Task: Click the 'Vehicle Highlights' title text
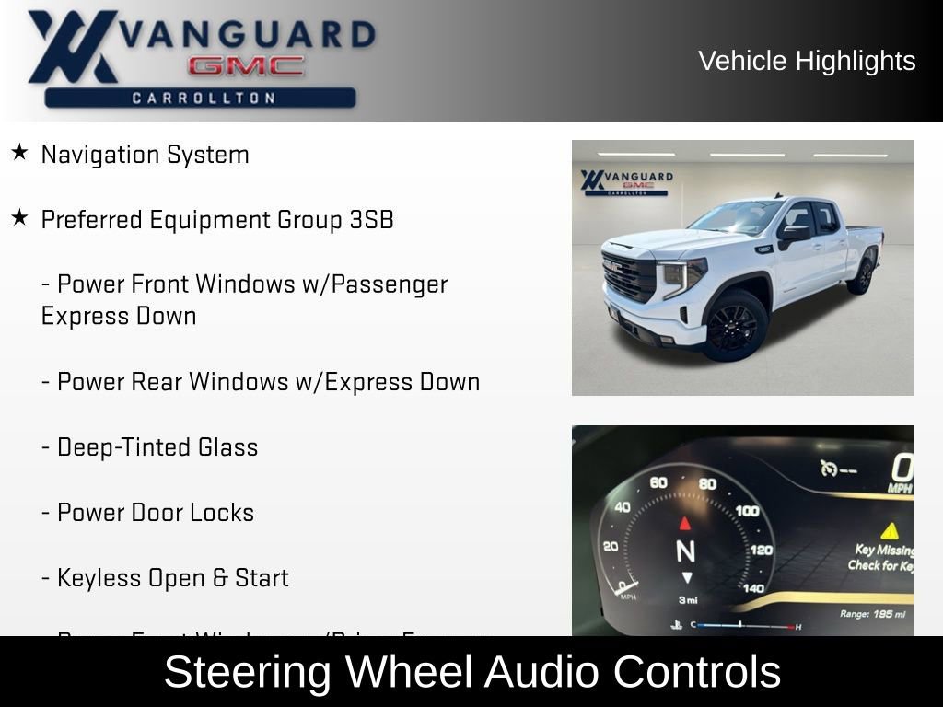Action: point(807,61)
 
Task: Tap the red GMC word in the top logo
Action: point(246,66)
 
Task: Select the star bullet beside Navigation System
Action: point(19,153)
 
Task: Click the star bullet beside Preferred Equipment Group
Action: point(19,218)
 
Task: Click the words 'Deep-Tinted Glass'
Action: point(157,447)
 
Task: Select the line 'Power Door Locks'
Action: point(155,513)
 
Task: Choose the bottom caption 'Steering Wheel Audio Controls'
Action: point(471,672)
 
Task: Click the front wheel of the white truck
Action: point(733,326)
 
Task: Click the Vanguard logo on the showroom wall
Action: point(626,180)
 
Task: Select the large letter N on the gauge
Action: point(685,551)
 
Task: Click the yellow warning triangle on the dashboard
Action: point(889,530)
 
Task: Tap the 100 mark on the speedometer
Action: point(747,511)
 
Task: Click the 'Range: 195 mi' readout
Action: point(872,614)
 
